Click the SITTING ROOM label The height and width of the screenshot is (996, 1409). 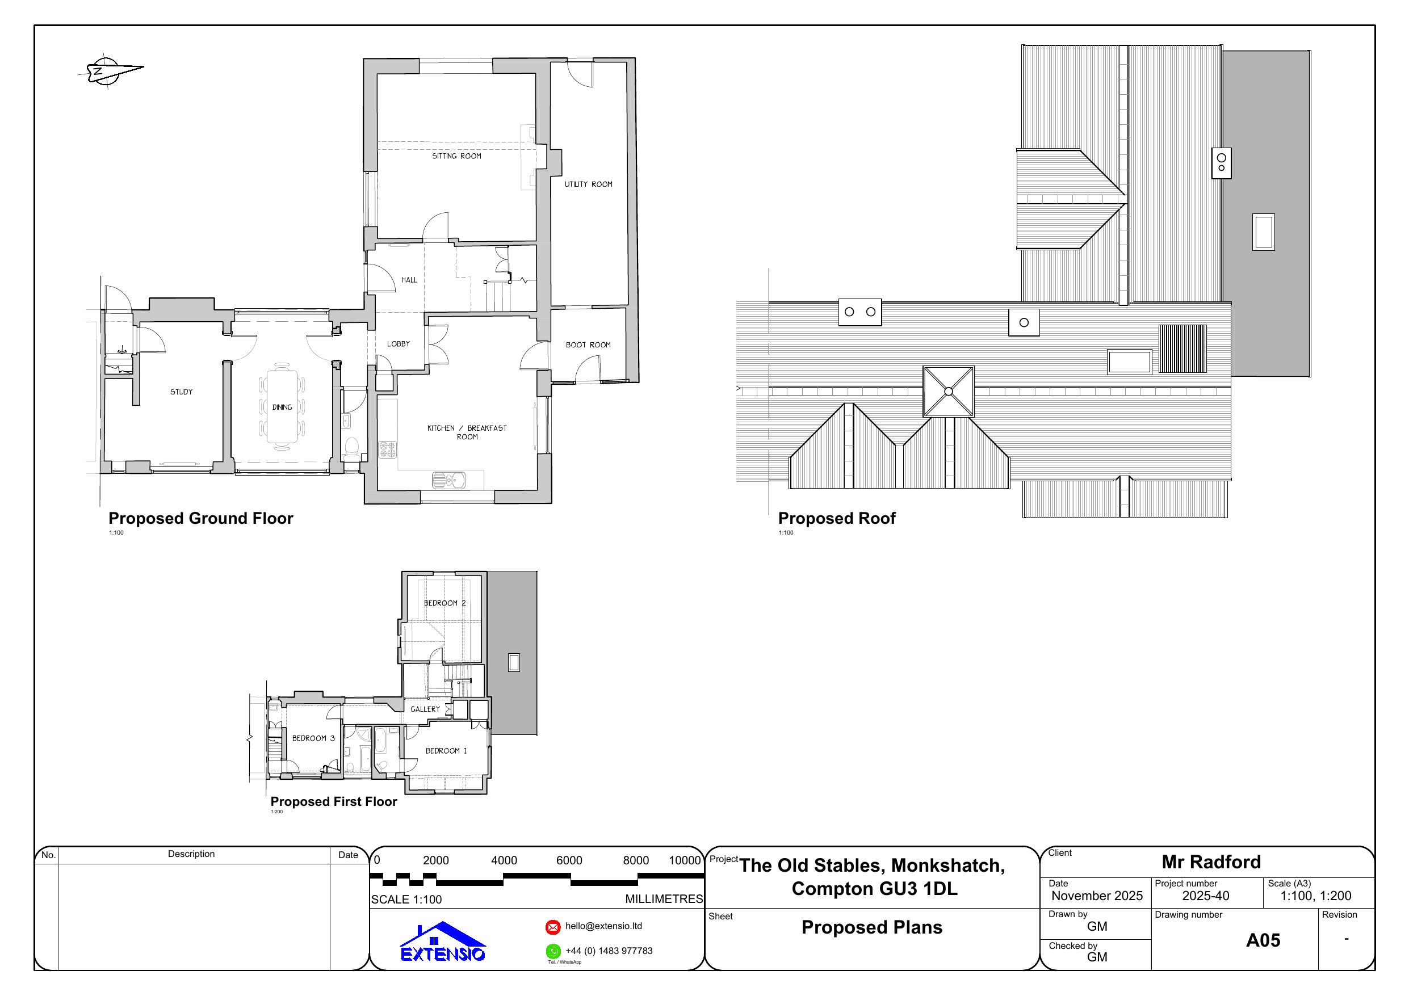456,157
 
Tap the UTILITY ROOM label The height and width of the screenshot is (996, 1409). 588,184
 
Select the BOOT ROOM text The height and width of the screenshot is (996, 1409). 588,345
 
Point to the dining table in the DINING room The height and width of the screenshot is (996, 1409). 282,406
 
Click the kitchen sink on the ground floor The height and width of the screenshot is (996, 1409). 448,480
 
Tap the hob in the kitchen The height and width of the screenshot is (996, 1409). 387,449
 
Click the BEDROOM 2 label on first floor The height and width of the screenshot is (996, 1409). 444,603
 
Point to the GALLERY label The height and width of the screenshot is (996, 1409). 425,709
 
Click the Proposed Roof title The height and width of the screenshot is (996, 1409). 836,519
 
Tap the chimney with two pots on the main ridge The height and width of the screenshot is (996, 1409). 859,312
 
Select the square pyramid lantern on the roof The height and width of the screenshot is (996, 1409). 948,392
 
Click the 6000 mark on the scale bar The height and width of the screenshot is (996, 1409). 569,860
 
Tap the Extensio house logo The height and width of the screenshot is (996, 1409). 442,942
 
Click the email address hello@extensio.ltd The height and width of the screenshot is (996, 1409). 603,926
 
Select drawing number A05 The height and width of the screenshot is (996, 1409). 1263,941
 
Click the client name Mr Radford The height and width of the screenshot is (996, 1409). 1211,862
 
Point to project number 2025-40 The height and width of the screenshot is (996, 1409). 1205,896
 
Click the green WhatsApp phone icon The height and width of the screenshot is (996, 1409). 552,951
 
